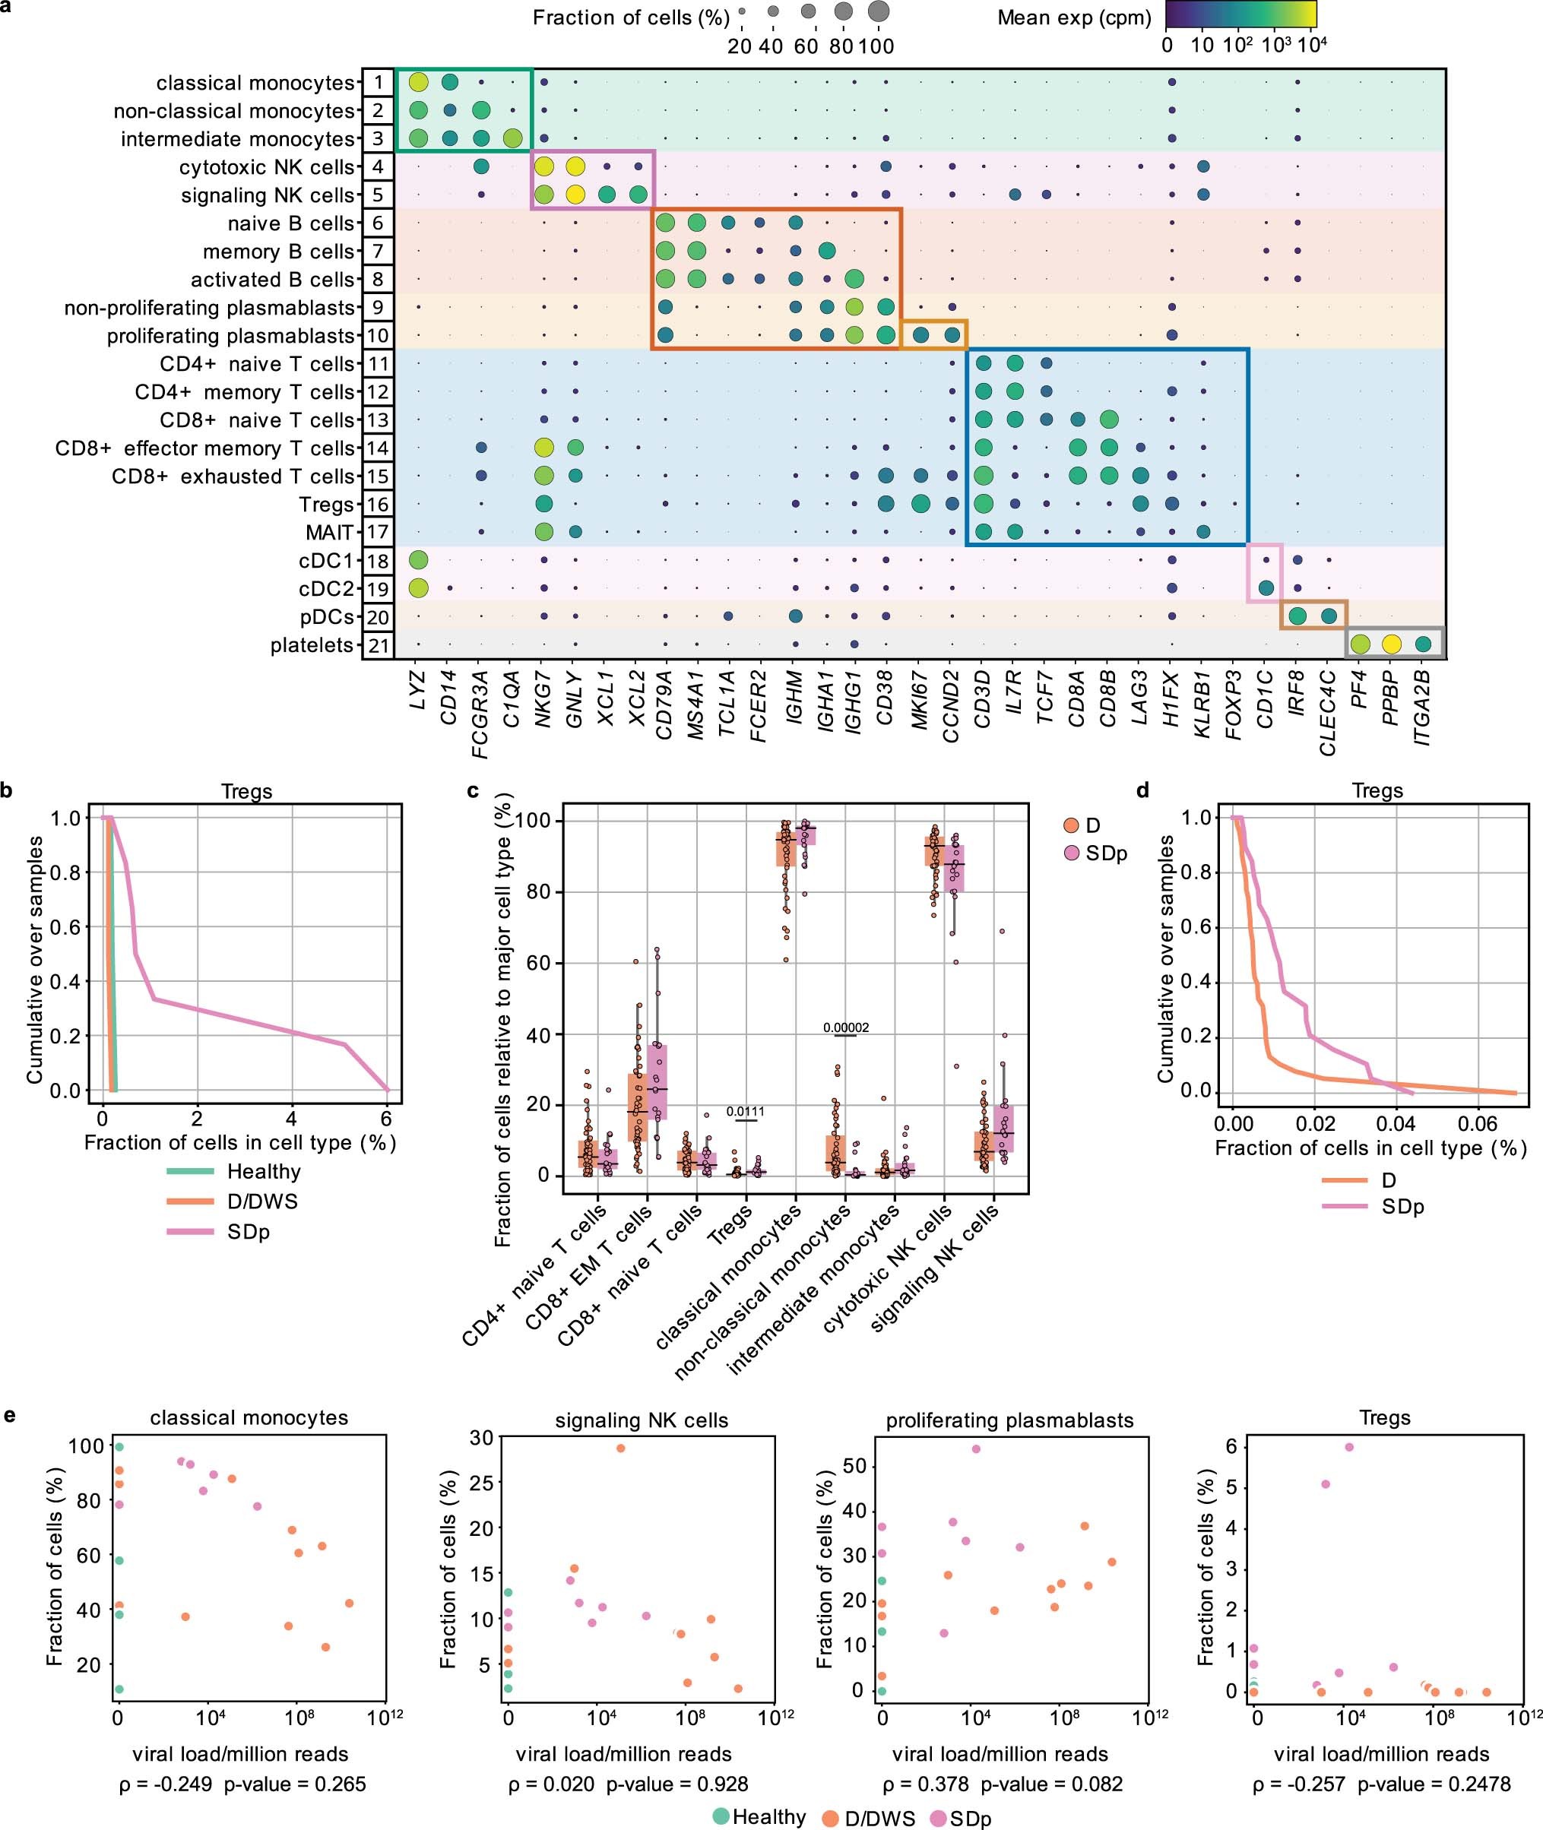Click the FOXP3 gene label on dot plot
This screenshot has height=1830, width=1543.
1234,704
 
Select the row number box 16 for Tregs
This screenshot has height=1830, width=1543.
377,505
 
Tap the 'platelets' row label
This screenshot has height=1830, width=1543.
312,645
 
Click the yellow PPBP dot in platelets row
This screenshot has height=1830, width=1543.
1391,645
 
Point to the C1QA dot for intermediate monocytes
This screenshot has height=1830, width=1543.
512,138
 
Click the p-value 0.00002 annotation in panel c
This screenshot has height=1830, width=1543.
846,1027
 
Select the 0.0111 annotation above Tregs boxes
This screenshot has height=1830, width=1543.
745,1111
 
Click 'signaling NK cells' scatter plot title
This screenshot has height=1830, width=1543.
642,1421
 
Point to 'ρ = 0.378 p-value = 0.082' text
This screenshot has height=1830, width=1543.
1002,1784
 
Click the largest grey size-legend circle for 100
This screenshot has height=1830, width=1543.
878,12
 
